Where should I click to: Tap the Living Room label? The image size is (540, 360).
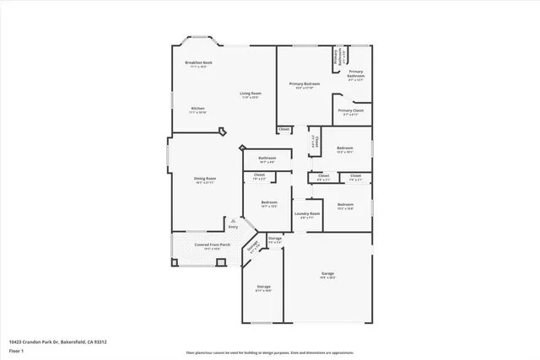[250, 94]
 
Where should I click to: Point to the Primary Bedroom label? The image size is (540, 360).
[305, 83]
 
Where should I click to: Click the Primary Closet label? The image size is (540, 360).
[351, 110]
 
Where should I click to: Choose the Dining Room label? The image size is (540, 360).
[206, 179]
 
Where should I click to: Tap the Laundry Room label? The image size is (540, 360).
[307, 213]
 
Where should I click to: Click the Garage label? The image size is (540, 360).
[327, 274]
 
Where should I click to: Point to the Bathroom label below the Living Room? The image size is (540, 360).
[267, 158]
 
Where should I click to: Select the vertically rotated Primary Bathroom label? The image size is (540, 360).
[335, 57]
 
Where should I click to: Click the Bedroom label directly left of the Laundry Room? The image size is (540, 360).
[269, 202]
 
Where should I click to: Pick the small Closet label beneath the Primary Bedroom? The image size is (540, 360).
[283, 129]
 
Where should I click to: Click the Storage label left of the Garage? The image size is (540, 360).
[263, 287]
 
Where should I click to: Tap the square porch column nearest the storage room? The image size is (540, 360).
[220, 262]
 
